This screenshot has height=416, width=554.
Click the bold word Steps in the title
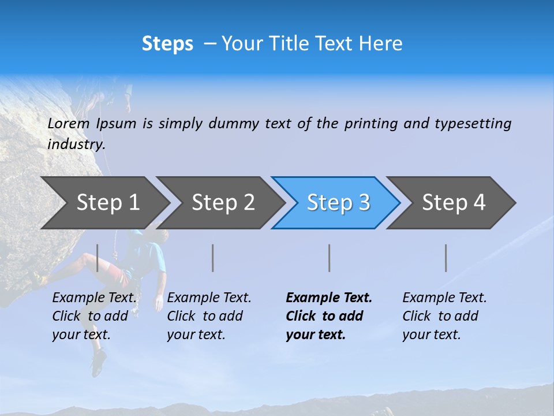point(167,44)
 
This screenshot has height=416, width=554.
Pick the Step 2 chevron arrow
point(223,202)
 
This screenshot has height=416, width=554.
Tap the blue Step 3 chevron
point(338,202)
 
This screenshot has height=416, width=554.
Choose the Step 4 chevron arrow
point(453,202)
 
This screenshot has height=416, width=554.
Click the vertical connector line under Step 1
point(98,258)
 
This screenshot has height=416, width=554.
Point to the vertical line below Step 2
point(213,258)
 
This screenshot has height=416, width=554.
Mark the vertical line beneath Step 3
point(330,258)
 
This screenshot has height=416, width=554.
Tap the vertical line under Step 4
point(446,258)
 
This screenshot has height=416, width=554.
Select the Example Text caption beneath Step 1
point(95,316)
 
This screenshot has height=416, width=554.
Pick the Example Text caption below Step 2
point(209,316)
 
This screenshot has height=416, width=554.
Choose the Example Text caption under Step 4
point(444,316)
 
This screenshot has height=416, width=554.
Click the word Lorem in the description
point(69,124)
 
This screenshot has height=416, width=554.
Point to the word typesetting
point(473,124)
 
